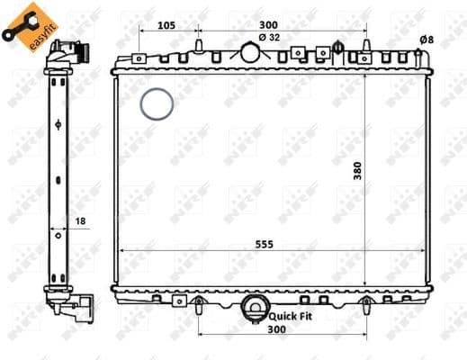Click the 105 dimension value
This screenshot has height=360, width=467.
165,25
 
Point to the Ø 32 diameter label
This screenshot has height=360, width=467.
268,37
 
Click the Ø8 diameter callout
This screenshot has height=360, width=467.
427,39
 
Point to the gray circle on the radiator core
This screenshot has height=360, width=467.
157,104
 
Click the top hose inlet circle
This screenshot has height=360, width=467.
250,52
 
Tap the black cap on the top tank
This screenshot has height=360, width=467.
337,47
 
